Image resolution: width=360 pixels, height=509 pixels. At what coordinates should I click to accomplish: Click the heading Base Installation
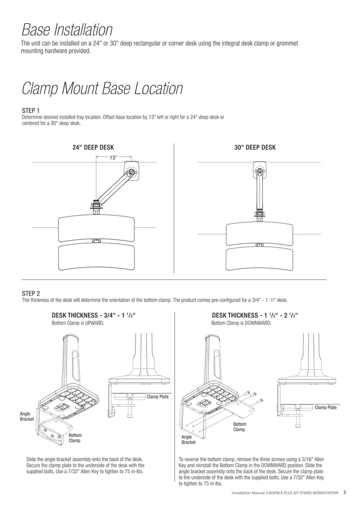coord(67,30)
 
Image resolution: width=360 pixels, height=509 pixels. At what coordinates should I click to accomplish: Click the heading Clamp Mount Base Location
coord(102,89)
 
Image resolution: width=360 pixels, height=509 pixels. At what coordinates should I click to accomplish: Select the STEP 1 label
coord(30,110)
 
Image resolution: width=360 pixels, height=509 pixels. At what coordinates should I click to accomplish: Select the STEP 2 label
coord(30,293)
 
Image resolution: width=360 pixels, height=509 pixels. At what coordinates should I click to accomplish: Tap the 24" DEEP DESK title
coord(93,147)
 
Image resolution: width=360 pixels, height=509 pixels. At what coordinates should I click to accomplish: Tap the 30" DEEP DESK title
coord(254,147)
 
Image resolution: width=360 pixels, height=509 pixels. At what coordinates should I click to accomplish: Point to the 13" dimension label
coord(113,157)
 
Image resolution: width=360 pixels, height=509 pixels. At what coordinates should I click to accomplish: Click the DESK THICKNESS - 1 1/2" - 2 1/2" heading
coord(254,315)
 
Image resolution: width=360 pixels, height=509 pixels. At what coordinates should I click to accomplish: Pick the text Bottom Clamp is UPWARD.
coord(78,323)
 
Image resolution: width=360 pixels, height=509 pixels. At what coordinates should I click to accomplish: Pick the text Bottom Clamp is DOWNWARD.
coord(241,323)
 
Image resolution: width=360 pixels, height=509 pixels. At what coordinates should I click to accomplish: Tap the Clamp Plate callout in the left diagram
coord(157,397)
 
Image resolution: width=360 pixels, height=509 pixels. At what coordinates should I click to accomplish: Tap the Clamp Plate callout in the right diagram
coord(326,407)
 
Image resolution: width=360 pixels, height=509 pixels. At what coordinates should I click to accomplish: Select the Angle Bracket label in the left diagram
coord(27,416)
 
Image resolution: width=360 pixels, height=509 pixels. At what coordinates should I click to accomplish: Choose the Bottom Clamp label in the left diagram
coord(75,438)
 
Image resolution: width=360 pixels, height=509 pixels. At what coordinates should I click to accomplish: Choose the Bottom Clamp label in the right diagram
coord(240,427)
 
